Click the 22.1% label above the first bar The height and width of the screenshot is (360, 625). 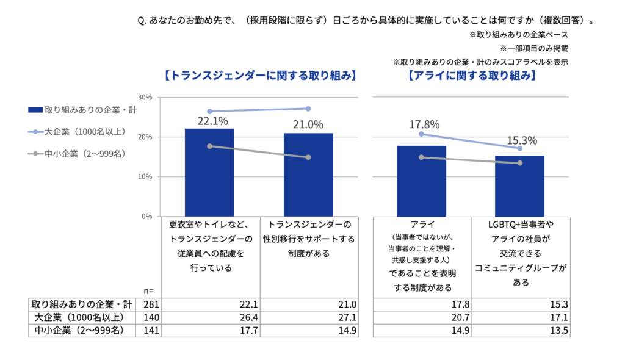209,121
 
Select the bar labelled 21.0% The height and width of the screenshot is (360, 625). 308,174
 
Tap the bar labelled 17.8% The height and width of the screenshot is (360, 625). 421,180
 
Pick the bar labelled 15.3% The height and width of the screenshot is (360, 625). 519,185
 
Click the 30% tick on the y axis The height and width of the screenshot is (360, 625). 145,97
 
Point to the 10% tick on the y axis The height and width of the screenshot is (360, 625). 145,177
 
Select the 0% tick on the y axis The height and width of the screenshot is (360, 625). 147,216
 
